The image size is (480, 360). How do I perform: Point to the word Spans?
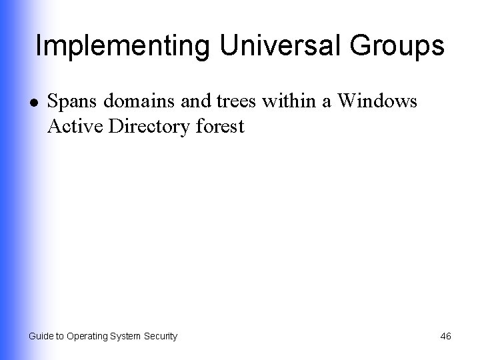click(71, 103)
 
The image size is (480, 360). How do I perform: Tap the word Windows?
click(377, 102)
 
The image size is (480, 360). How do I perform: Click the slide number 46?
click(445, 337)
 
